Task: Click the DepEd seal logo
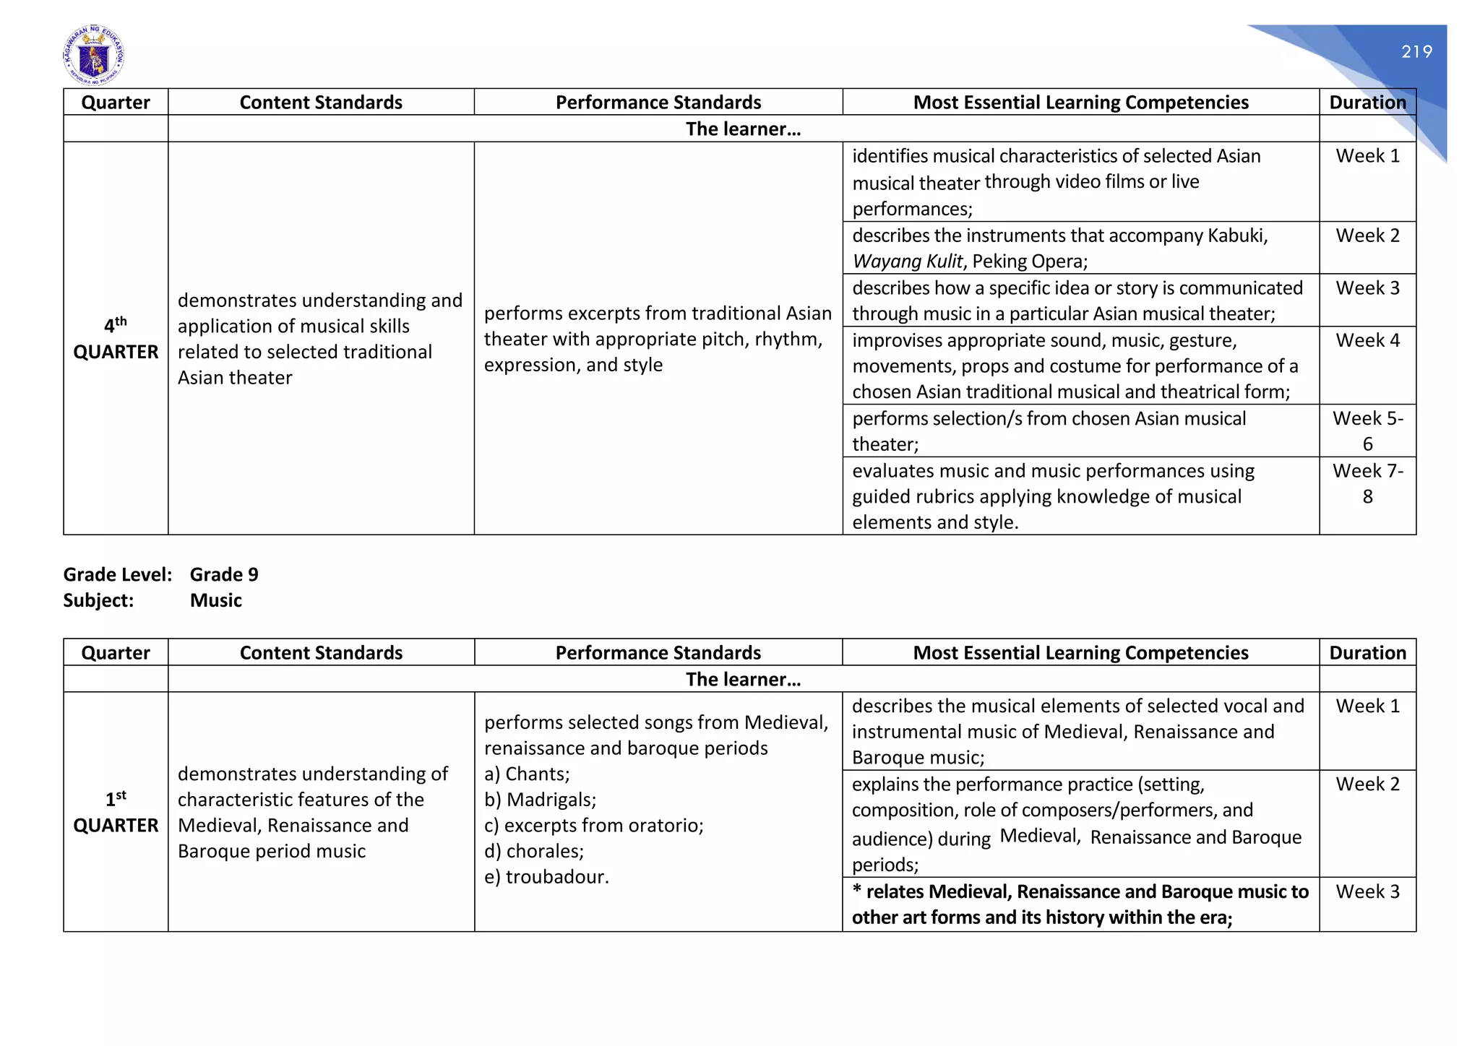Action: (x=94, y=56)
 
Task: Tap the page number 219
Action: (x=1416, y=52)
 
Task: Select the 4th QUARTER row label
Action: (x=116, y=338)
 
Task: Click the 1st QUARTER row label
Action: (x=116, y=812)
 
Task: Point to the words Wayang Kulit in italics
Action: (x=907, y=261)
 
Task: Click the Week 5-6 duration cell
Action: (x=1367, y=431)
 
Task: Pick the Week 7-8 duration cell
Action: (x=1367, y=483)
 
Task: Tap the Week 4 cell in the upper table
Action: (x=1367, y=340)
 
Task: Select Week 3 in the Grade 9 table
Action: (x=1367, y=891)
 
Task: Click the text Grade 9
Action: (x=224, y=574)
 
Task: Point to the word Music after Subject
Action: (x=215, y=600)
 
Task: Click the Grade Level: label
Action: (x=117, y=574)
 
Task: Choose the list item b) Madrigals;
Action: (x=540, y=800)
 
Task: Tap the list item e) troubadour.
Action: (x=546, y=877)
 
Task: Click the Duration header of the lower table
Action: (x=1367, y=652)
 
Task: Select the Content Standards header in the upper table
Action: (x=321, y=102)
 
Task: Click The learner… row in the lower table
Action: (x=743, y=679)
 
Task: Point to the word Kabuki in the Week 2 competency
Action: (x=1236, y=235)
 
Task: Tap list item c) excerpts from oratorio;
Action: (x=593, y=825)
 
